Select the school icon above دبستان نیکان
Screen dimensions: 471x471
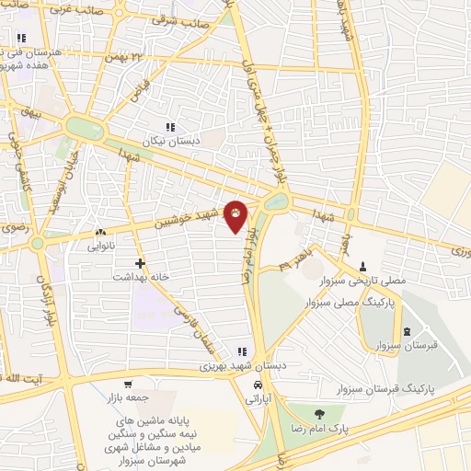pos(169,127)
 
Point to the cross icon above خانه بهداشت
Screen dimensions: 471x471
pos(139,263)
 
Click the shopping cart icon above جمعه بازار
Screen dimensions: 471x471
pos(129,384)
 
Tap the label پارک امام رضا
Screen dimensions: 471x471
pos(317,428)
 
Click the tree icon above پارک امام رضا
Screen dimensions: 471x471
pos(318,414)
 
